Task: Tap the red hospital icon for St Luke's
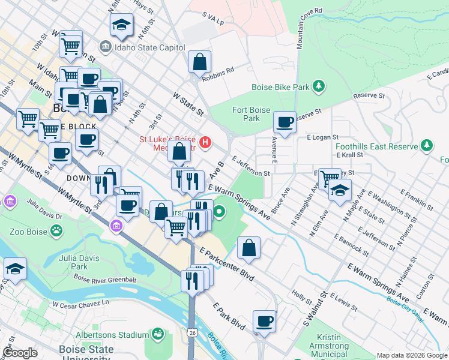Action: click(205, 142)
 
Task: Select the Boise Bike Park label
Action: click(280, 87)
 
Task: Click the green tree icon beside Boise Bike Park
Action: click(319, 87)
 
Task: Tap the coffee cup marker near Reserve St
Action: click(285, 122)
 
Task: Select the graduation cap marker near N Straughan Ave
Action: click(340, 190)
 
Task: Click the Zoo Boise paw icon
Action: click(56, 230)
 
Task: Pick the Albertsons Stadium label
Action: click(112, 335)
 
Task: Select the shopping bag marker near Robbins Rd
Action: click(199, 62)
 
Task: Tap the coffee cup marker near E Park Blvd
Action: click(264, 321)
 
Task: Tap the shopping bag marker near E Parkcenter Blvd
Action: click(249, 248)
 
